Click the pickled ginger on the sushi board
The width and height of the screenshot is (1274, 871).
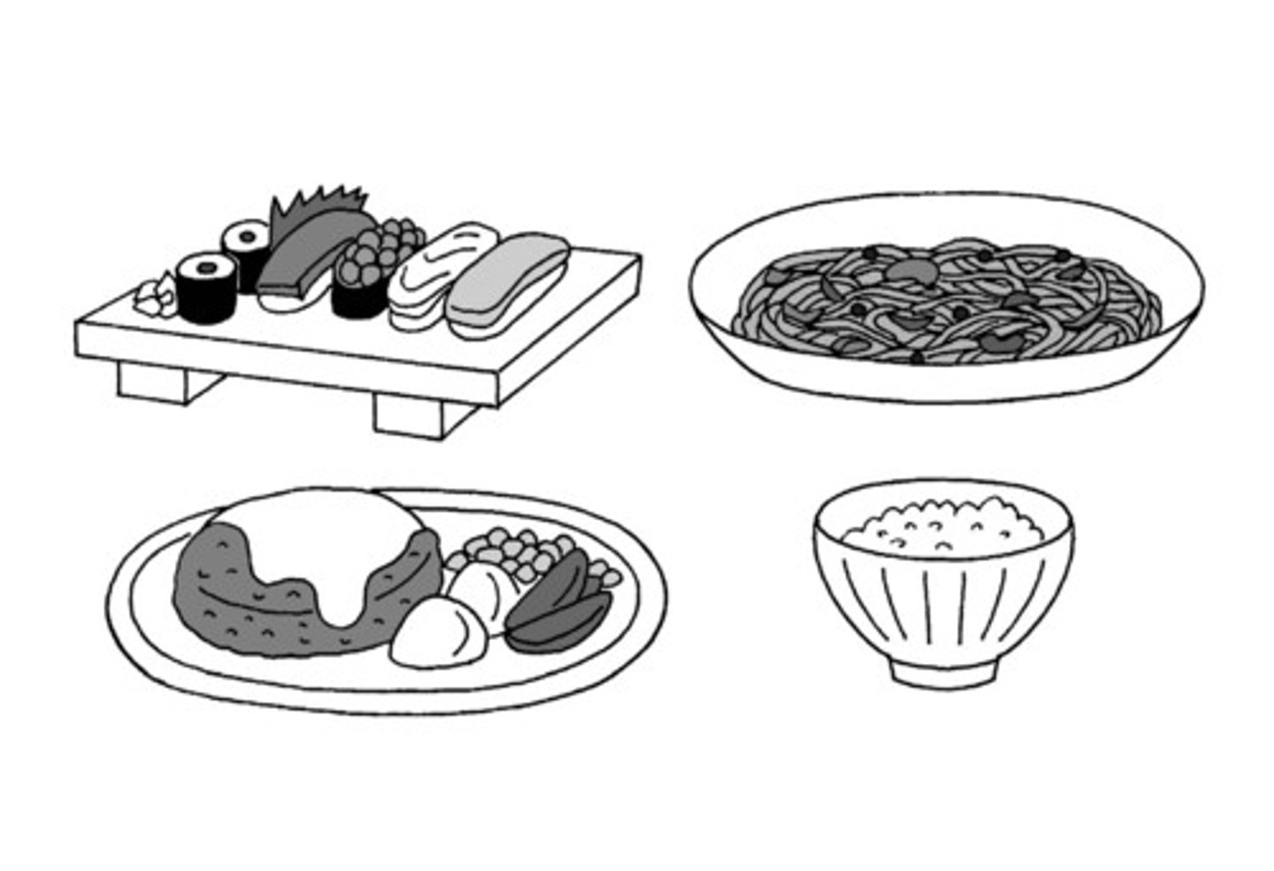pyautogui.click(x=157, y=296)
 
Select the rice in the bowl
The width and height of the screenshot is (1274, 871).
pyautogui.click(x=943, y=527)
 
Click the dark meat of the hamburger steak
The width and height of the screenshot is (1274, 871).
pyautogui.click(x=230, y=602)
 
